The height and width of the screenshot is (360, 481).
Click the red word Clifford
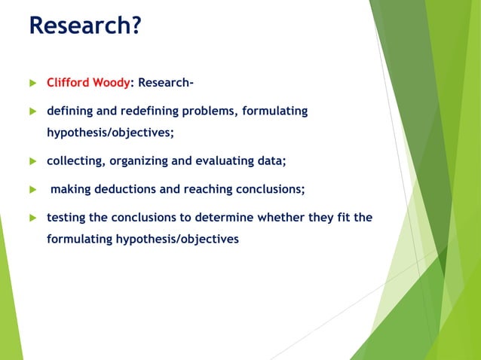pyautogui.click(x=70, y=83)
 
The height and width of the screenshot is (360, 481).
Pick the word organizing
pyautogui.click(x=138, y=160)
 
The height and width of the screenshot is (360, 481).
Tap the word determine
pyautogui.click(x=224, y=218)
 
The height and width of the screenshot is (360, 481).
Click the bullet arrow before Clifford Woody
pyautogui.click(x=32, y=83)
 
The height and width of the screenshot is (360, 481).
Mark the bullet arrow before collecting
pyautogui.click(x=32, y=161)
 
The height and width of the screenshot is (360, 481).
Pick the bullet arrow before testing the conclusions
pyautogui.click(x=32, y=218)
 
